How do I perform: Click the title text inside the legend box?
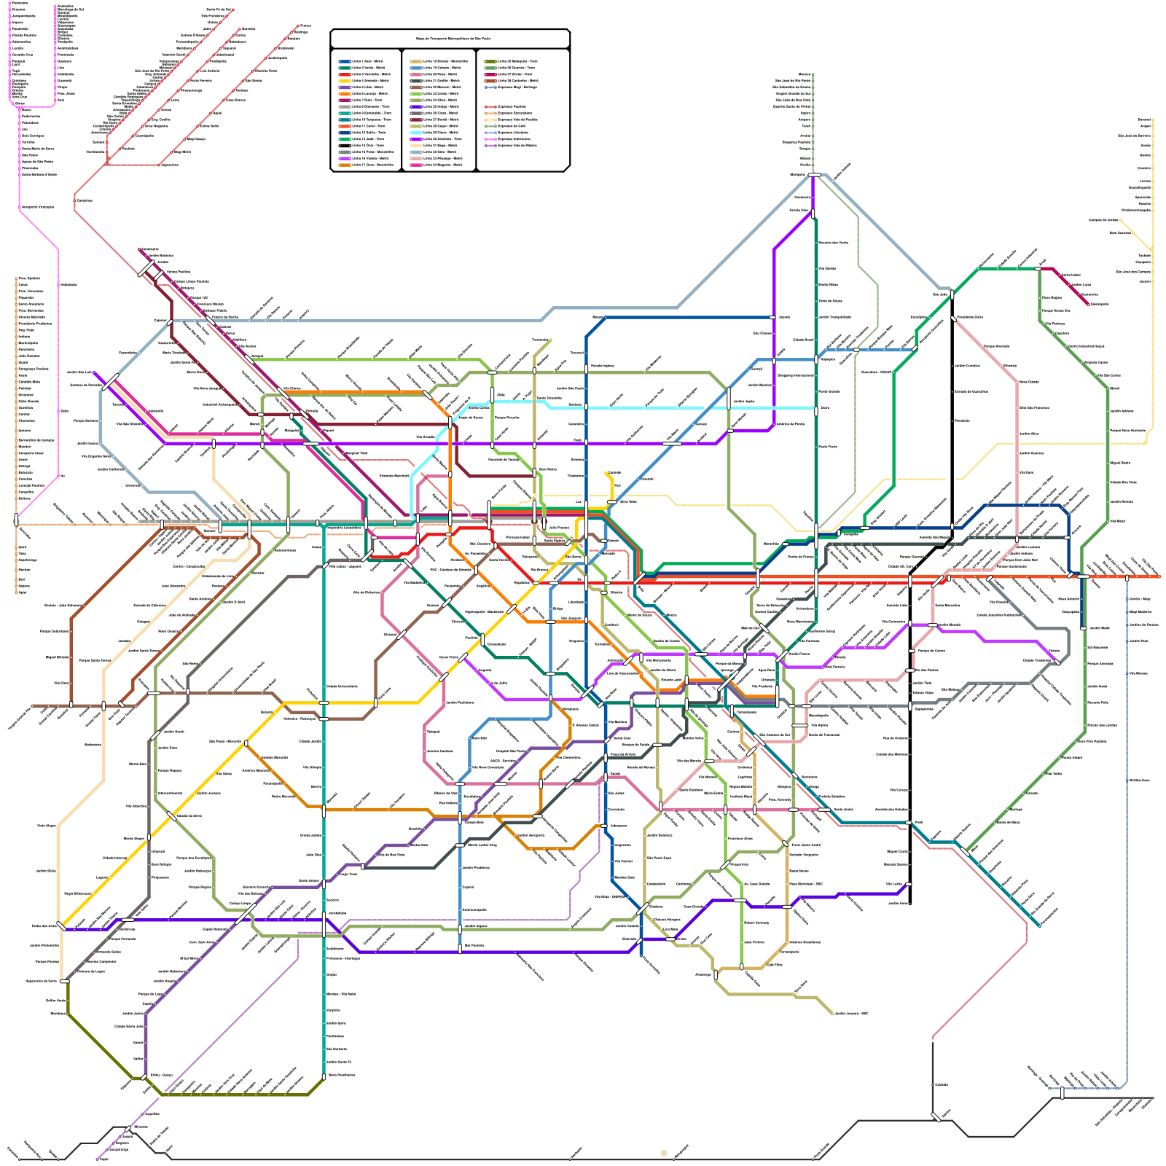450,39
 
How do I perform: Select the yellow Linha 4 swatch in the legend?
344,81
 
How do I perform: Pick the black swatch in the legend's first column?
344,145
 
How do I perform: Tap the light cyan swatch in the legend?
415,133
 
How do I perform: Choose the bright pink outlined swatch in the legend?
490,138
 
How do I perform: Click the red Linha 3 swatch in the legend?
344,74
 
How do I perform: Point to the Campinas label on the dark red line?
85,200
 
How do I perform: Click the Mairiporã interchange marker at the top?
814,175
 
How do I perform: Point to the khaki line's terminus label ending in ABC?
851,1013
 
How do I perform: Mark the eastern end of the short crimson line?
1089,304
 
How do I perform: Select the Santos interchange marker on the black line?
936,1116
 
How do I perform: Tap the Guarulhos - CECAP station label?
877,372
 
